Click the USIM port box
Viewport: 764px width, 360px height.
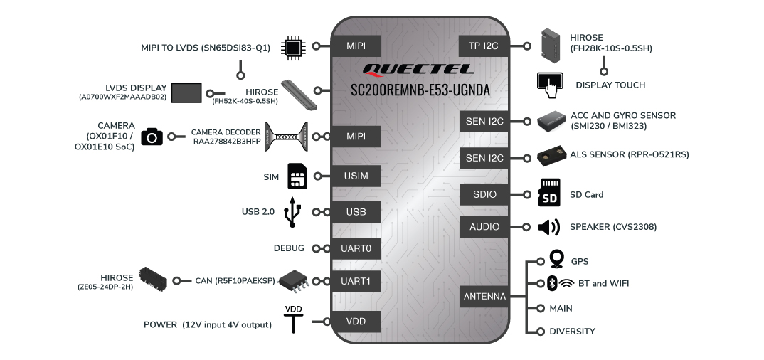point(356,176)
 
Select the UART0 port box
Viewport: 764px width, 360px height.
point(356,248)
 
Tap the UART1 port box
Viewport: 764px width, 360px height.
point(356,281)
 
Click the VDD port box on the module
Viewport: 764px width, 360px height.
point(356,322)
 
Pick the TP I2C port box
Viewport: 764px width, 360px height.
point(484,46)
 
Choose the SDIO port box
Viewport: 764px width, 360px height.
point(484,194)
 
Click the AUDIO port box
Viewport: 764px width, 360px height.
point(484,227)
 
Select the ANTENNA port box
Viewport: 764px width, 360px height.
point(484,296)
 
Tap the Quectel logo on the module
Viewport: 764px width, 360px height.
point(418,70)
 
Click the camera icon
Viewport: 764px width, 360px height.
point(152,137)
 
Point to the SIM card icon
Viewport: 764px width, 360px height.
point(298,176)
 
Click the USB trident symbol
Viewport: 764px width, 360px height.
point(292,212)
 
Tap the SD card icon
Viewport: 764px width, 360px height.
point(549,192)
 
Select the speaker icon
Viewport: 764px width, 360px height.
point(549,227)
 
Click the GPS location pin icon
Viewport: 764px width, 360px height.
point(556,259)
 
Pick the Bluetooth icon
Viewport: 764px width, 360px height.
point(552,283)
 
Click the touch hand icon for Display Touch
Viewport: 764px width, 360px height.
point(550,85)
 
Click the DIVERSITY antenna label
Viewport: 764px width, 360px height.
point(573,332)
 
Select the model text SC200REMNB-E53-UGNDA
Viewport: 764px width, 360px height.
point(420,90)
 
